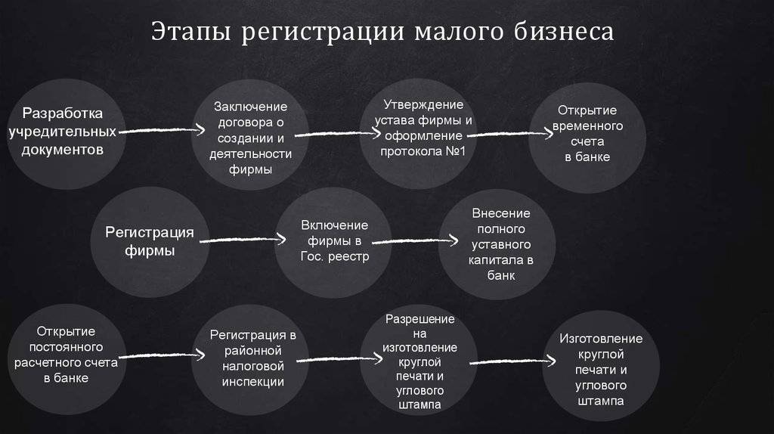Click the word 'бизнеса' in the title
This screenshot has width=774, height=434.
pos(564,32)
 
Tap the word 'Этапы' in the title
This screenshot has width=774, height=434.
pos(191,32)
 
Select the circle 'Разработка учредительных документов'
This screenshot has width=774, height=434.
pos(67,133)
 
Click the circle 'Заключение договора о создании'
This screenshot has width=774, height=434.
pos(250,135)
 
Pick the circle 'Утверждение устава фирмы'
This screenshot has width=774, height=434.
pos(419,133)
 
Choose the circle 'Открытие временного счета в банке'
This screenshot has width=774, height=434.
pos(587,138)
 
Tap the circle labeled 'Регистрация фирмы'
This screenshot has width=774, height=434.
pos(150,242)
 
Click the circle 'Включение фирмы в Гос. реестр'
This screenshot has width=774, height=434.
pos(333,243)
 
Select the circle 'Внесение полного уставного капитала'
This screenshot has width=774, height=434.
pos(497,244)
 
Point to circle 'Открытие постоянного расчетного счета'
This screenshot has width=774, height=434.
pos(67,359)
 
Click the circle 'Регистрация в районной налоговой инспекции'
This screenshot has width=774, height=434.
pos(250,360)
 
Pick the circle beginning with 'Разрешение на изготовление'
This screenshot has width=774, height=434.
pos(419,360)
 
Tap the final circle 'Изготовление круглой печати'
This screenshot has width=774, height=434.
pos(601,365)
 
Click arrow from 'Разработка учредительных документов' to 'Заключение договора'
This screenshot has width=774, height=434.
pos(162,130)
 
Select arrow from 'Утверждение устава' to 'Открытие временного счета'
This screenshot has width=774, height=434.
pos(510,133)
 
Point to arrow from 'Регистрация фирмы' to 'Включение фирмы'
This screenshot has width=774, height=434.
pos(243,240)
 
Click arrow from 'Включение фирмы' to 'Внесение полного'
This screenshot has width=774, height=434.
pos(415,241)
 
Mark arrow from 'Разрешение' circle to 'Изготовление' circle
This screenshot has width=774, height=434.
pos(513,362)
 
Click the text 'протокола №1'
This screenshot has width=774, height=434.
pos(423,151)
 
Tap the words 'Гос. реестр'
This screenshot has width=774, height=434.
pos(335,257)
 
